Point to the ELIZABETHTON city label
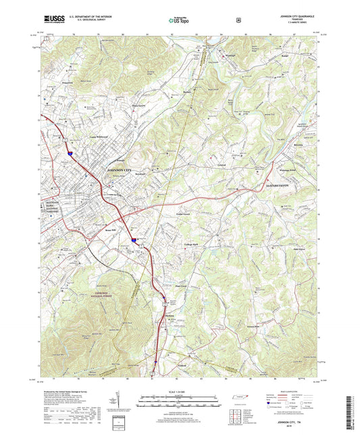tap(276, 184)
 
